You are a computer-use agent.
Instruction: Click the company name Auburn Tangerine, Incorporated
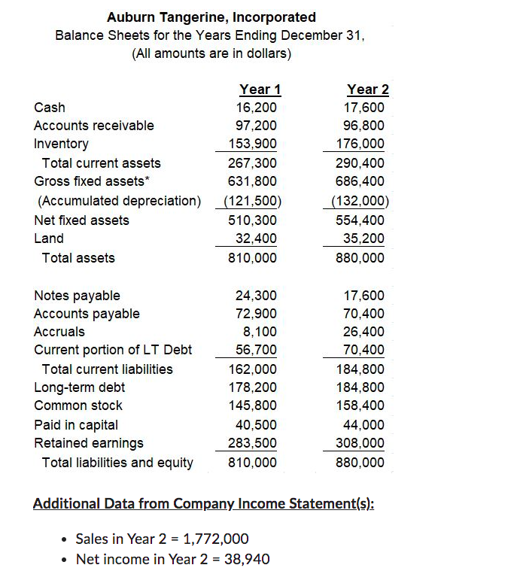point(211,17)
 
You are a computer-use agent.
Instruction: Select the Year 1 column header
point(260,90)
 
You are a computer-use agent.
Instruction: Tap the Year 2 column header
point(368,90)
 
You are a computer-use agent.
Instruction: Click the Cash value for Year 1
point(256,108)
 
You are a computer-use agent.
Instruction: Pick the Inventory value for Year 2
point(364,144)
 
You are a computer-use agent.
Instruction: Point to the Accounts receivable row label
point(94,126)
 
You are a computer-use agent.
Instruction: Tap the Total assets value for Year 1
point(252,258)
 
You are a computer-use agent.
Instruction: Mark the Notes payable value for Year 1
point(256,296)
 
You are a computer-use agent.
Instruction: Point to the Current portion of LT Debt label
point(113,350)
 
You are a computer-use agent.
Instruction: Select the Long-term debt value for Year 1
point(252,387)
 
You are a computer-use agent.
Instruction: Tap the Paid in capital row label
point(76,425)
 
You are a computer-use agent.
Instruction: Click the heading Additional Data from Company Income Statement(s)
point(203,503)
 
